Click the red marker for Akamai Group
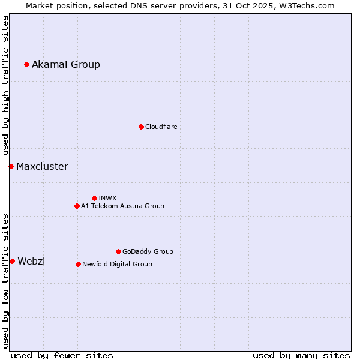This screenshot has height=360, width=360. [x=26, y=64]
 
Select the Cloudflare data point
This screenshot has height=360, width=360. [x=141, y=127]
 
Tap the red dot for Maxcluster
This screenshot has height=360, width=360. [x=11, y=166]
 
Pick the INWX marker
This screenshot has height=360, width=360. [x=94, y=198]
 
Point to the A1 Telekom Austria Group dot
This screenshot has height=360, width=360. [x=77, y=206]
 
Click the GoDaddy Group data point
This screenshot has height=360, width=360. [x=118, y=251]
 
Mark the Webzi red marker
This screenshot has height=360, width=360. [x=12, y=261]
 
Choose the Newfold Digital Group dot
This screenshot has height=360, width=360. [x=78, y=264]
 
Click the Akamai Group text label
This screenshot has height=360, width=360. [x=66, y=64]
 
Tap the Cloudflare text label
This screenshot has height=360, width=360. [x=161, y=127]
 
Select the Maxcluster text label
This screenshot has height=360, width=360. [x=42, y=166]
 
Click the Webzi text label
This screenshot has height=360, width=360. [x=31, y=261]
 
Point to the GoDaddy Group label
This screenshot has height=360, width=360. [x=148, y=251]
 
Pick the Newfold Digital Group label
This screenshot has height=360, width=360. [x=117, y=264]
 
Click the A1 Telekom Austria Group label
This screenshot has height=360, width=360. [x=122, y=206]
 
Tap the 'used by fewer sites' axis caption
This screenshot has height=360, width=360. [x=62, y=355]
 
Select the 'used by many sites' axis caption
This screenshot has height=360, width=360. [x=301, y=355]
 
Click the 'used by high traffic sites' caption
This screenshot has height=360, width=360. [x=5, y=85]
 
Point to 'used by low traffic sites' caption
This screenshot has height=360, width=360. [x=5, y=281]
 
